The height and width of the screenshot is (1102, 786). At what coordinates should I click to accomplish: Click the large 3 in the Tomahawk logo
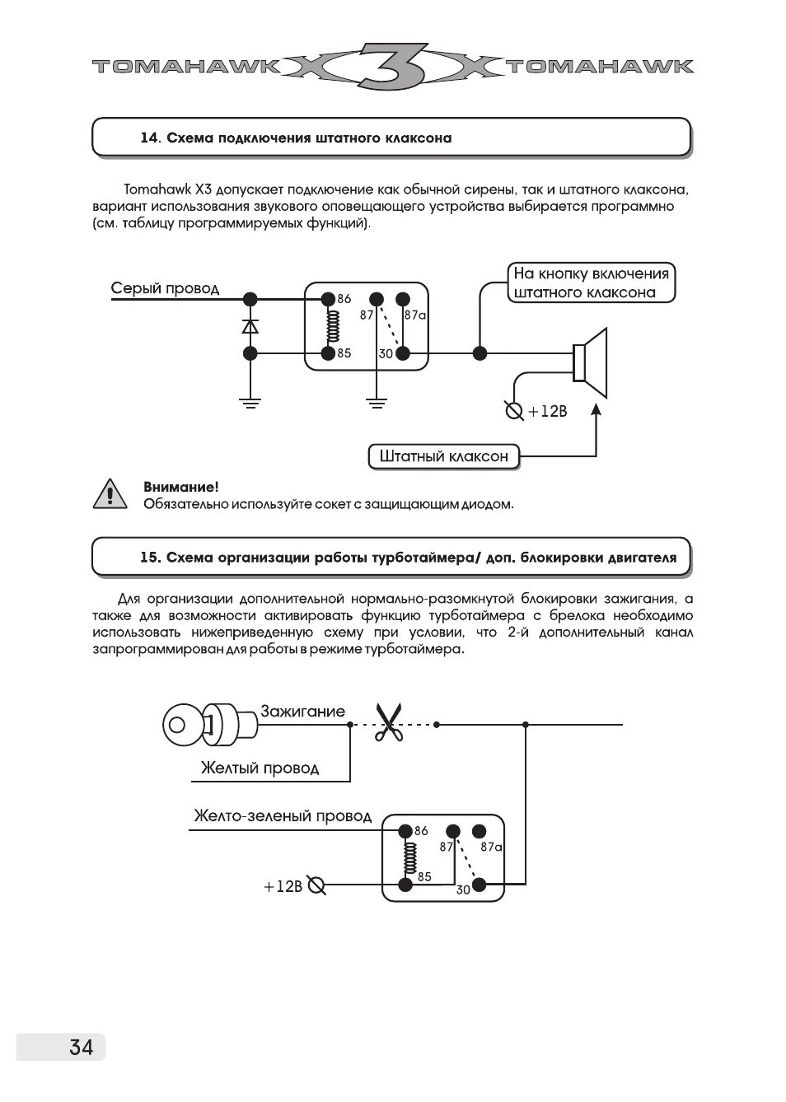[393, 65]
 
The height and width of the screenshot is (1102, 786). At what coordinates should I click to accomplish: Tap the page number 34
[81, 1047]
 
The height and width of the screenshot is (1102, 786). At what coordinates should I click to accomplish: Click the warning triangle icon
[110, 494]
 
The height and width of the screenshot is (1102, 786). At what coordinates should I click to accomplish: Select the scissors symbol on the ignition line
[388, 723]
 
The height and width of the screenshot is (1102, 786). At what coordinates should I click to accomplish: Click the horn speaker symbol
[591, 354]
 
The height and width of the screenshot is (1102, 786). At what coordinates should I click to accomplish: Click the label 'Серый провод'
[165, 288]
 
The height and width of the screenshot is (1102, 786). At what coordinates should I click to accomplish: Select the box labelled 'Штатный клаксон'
[443, 456]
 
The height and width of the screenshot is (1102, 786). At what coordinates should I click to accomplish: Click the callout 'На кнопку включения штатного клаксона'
[591, 283]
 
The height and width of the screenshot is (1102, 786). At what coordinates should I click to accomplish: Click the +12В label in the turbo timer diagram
[283, 886]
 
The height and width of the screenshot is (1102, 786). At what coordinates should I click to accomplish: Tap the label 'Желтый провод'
[260, 768]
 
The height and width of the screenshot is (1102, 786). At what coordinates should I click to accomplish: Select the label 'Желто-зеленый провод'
[283, 816]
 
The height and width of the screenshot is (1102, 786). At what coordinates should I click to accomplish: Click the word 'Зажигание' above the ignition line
[302, 711]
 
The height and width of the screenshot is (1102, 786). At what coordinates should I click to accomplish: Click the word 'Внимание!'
[181, 488]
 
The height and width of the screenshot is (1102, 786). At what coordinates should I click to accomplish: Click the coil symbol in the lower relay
[405, 858]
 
